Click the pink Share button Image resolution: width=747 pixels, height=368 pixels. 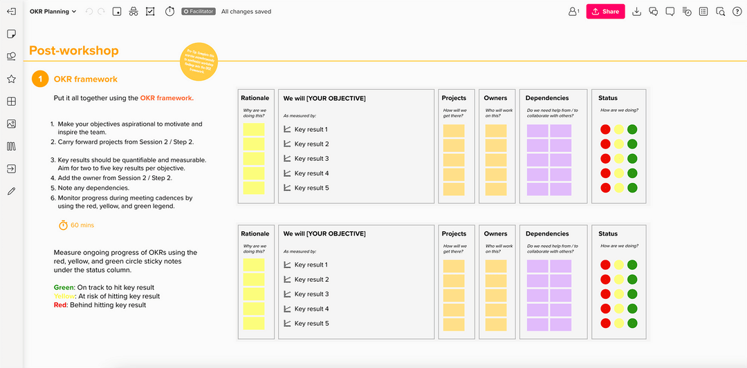coord(605,12)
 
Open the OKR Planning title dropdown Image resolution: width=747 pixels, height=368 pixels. coord(53,12)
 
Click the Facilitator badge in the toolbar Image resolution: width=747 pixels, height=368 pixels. coord(199,12)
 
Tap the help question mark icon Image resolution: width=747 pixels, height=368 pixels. coord(737,12)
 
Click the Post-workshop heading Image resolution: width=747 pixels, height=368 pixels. coord(74,50)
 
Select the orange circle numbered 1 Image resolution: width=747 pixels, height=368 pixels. coord(40,79)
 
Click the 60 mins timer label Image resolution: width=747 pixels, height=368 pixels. coord(82,225)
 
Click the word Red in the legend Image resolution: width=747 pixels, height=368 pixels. coord(60,304)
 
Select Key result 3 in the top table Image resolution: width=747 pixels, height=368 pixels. coord(311,159)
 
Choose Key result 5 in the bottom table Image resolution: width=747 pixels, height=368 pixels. coord(311,323)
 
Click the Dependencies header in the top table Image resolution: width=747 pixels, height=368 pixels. coord(547,98)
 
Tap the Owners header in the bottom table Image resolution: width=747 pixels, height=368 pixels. coord(495,233)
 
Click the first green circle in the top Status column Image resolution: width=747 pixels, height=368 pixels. coord(631,130)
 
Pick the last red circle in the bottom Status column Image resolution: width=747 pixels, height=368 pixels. coord(605,323)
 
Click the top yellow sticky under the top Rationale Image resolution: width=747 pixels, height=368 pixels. coord(254,130)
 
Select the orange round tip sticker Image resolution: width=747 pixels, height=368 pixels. coord(199,61)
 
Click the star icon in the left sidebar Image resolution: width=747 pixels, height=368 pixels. coord(11,79)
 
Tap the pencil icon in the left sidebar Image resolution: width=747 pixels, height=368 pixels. coord(11,191)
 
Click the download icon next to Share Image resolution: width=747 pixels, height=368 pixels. coord(636,12)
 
